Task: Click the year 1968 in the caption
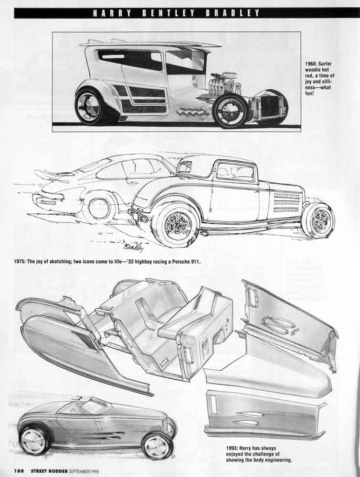pyautogui.click(x=311, y=64)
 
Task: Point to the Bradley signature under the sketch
pyautogui.click(x=133, y=247)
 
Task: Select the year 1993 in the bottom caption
pyautogui.click(x=232, y=448)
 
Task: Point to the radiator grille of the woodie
pyautogui.click(x=270, y=107)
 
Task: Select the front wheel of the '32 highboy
pyautogui.click(x=320, y=219)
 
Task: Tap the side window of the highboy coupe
pyautogui.click(x=235, y=171)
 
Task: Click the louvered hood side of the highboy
pyautogui.click(x=287, y=202)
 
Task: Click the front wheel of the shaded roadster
pyautogui.click(x=158, y=447)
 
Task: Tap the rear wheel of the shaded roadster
pyautogui.click(x=33, y=440)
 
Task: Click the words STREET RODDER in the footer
pyautogui.click(x=49, y=470)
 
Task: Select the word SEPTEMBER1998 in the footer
pyautogui.click(x=84, y=470)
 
